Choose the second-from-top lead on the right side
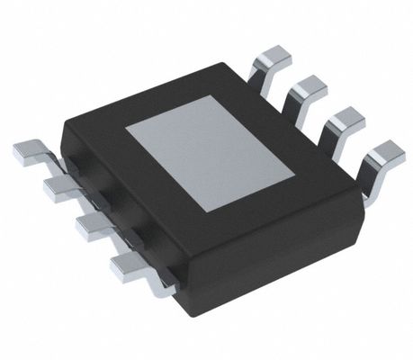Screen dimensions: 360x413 pos(308,87)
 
